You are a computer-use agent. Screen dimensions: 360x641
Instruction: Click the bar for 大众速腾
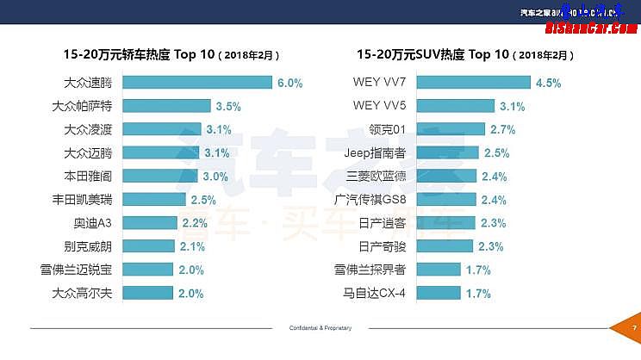click(x=197, y=83)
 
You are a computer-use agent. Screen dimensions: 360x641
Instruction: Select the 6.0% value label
click(x=289, y=83)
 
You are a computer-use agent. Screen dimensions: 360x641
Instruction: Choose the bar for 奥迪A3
click(x=150, y=223)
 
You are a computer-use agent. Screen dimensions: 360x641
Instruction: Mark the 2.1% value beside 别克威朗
click(x=192, y=246)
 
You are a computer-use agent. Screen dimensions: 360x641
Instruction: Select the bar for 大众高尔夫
click(x=148, y=294)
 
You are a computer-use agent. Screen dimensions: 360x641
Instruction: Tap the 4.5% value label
click(x=548, y=83)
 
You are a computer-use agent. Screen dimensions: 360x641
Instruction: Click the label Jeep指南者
click(x=375, y=153)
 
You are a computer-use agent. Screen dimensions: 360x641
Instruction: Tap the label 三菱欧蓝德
click(x=377, y=177)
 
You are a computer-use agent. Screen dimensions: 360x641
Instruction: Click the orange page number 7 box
click(x=633, y=328)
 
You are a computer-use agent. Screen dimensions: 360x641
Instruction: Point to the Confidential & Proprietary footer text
click(x=320, y=328)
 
